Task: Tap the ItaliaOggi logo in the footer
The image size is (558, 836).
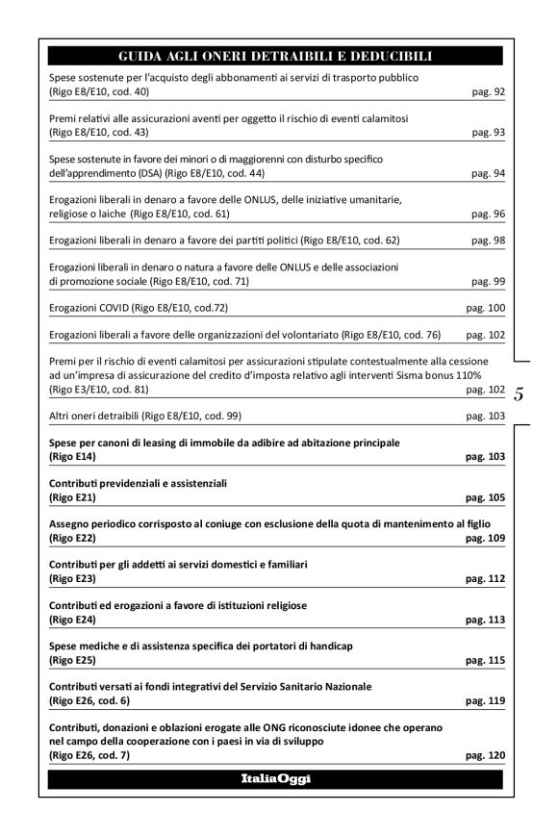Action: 276,778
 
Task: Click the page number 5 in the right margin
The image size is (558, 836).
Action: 520,393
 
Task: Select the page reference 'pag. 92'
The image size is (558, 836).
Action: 489,92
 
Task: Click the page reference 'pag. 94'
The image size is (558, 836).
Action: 489,174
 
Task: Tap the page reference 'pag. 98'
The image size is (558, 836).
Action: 489,241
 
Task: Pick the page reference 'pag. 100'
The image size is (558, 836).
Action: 486,308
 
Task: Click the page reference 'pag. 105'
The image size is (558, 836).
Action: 485,497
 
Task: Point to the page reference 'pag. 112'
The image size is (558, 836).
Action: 485,579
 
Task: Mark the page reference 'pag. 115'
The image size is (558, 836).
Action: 485,661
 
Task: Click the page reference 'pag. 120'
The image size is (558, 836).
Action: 485,755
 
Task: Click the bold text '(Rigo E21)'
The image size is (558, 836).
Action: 72,497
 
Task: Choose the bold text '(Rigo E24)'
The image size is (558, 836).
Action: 72,620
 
